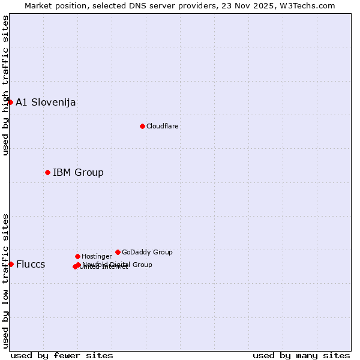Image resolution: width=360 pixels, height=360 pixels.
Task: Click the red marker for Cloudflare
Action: [142, 126]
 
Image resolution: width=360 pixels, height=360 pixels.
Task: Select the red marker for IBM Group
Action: [47, 172]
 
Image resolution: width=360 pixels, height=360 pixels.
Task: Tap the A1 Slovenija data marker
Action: [10, 102]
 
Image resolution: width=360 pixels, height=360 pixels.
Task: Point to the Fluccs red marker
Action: [11, 264]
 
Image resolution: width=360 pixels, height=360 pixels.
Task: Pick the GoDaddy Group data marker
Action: [118, 252]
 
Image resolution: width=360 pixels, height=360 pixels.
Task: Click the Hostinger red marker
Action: [77, 256]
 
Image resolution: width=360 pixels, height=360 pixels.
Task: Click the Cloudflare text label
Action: [163, 126]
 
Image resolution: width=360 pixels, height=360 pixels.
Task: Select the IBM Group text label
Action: [78, 172]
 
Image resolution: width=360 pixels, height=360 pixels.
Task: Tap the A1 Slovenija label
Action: [46, 102]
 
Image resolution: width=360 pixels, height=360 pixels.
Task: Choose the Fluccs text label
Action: [31, 264]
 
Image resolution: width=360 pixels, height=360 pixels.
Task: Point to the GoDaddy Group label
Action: [147, 252]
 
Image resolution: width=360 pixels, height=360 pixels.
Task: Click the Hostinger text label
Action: [97, 256]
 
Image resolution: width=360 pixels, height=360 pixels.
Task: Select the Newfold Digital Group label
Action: [118, 264]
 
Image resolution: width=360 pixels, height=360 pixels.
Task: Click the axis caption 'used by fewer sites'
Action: [62, 355]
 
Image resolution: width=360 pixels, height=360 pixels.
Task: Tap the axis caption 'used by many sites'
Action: [301, 355]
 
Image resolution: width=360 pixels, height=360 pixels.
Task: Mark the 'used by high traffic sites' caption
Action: [5, 85]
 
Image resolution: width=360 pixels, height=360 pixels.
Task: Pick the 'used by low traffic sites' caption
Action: [5, 280]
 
